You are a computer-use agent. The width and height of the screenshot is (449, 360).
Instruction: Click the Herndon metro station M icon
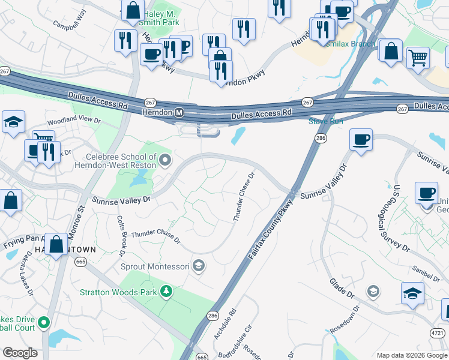179,113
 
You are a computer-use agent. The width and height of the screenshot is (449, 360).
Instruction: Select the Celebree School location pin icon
166,160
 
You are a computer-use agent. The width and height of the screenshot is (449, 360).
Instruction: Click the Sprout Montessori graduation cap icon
199,266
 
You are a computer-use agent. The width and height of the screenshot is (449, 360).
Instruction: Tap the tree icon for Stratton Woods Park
166,292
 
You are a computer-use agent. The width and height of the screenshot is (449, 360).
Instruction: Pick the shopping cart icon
418,58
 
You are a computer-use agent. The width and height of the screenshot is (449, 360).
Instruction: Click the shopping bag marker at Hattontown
56,245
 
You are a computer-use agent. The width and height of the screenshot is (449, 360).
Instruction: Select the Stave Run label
325,122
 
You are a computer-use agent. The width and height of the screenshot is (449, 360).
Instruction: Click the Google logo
20,353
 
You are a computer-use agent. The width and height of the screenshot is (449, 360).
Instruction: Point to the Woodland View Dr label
74,120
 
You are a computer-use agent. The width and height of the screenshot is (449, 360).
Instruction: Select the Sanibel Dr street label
427,272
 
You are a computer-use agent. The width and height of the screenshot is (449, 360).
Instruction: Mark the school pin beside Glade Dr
373,292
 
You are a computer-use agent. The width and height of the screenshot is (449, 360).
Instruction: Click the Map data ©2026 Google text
411,355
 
